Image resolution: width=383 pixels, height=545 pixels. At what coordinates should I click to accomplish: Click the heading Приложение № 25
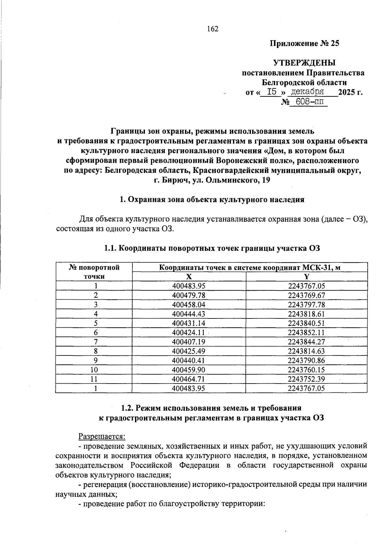coord(304,43)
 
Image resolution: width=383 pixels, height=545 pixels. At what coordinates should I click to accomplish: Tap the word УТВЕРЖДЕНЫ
coord(304,63)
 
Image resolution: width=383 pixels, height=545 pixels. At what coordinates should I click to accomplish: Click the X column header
coord(189,277)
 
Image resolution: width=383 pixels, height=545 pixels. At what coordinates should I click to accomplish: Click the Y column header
coord(307,277)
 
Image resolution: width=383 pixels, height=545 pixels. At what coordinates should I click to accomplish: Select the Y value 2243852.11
coord(306,332)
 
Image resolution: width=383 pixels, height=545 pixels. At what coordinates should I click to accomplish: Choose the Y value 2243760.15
coord(306,370)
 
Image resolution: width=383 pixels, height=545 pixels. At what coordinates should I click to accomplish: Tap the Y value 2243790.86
coord(306,361)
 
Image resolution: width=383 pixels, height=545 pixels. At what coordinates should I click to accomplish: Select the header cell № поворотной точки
coord(94,272)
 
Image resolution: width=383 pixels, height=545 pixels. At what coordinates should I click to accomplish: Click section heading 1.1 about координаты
coord(212,248)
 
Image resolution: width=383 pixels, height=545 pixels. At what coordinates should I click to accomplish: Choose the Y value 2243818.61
coord(306,314)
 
